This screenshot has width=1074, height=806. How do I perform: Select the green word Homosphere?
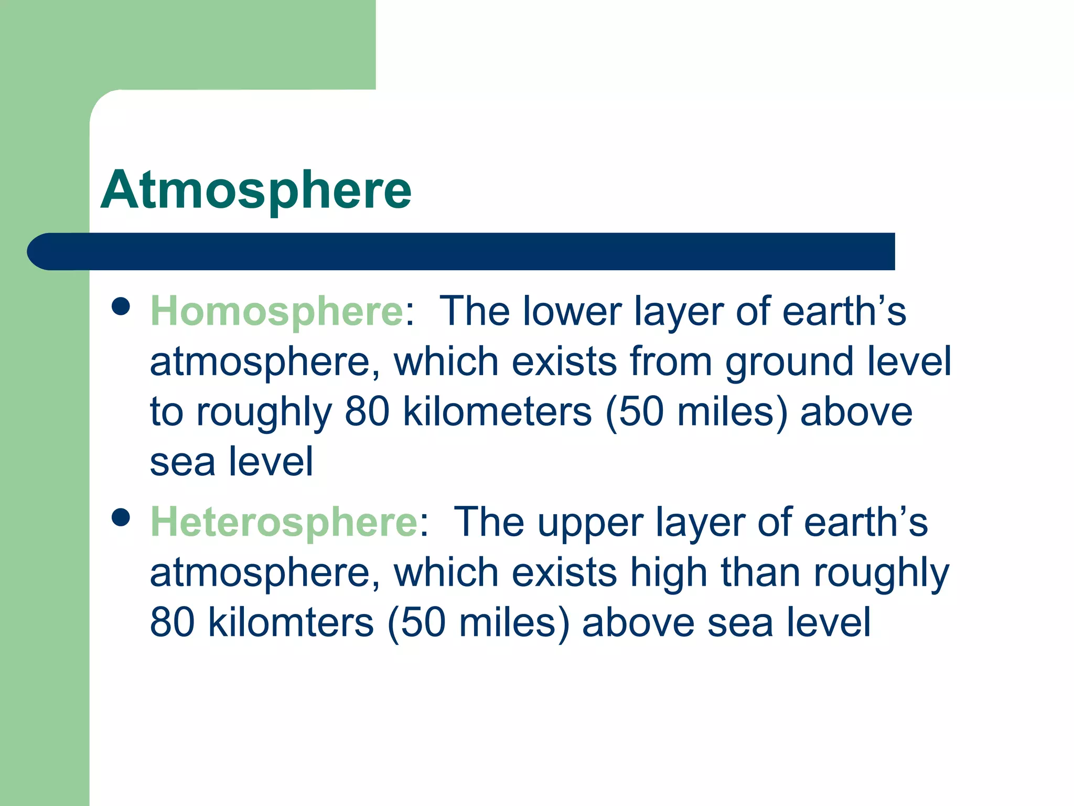click(x=276, y=312)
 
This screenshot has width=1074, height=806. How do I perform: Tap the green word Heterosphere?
click(x=284, y=522)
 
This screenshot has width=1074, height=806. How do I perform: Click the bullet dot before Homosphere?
click(x=121, y=306)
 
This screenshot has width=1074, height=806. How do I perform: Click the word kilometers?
click(x=497, y=412)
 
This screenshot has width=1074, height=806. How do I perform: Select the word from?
click(x=671, y=362)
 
